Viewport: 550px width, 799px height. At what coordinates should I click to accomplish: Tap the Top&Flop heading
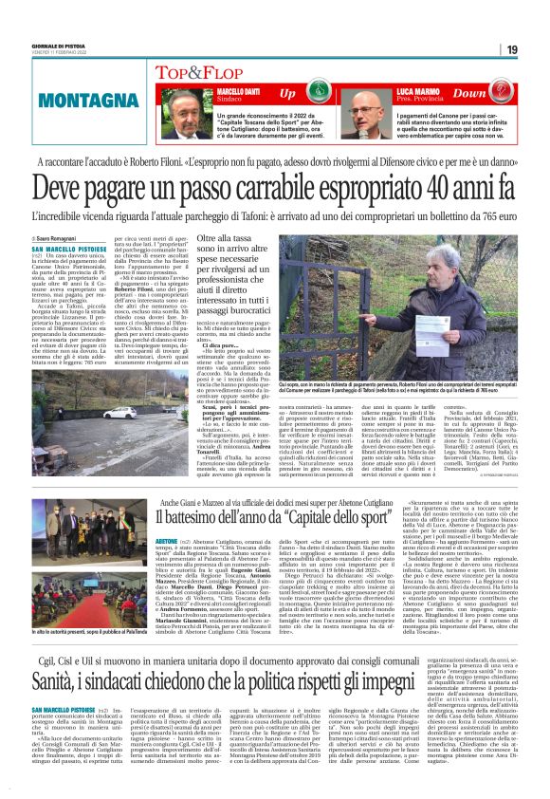(206, 72)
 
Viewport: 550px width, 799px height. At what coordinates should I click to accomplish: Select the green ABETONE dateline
(166, 539)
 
